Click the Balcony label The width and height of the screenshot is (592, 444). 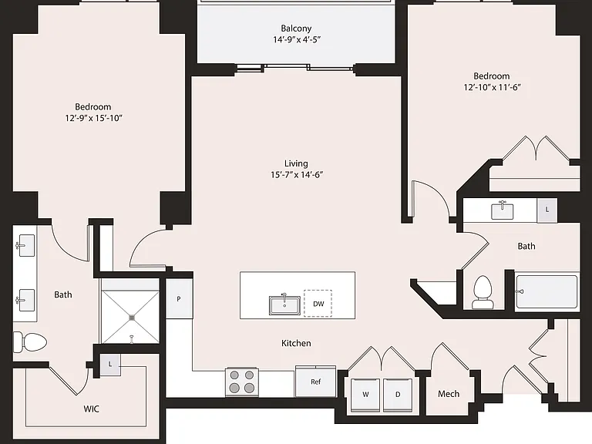tap(296, 29)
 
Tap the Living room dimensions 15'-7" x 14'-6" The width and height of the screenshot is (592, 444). tap(297, 174)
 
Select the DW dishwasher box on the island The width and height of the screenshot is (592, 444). tap(318, 303)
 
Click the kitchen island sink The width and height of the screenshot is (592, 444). tap(284, 304)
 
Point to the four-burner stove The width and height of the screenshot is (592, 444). tap(242, 382)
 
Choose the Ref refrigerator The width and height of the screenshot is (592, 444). tap(315, 382)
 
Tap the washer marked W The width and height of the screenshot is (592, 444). tap(365, 395)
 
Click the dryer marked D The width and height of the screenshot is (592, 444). tap(398, 395)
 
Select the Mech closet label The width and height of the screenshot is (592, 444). tap(449, 394)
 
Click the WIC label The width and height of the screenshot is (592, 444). tap(92, 409)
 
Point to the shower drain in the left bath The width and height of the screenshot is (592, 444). tap(132, 318)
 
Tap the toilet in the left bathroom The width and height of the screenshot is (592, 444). tap(30, 342)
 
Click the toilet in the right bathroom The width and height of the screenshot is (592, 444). tap(482, 292)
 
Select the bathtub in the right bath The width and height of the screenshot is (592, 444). tap(547, 291)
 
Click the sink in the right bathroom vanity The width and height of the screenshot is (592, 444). tap(502, 210)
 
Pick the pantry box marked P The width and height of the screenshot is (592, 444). tap(179, 299)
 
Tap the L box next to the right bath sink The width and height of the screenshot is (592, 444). tap(547, 210)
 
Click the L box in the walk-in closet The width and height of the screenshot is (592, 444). tap(110, 365)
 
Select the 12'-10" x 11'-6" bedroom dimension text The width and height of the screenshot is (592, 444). tap(493, 87)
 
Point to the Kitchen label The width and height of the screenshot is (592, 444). tap(296, 343)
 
